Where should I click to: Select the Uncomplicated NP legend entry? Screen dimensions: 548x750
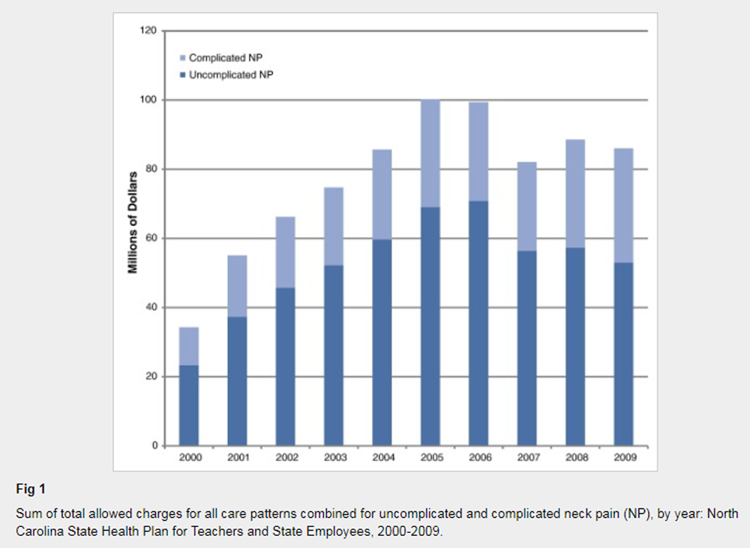(x=231, y=75)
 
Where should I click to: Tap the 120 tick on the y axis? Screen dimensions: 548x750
(x=150, y=31)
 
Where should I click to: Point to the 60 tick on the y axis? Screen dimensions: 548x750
(x=152, y=239)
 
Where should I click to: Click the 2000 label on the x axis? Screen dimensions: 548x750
(x=188, y=457)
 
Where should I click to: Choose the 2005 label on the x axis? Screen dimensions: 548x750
(x=430, y=457)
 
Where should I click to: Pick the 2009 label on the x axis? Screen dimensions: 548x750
(x=623, y=457)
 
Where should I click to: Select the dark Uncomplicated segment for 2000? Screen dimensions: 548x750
(x=188, y=405)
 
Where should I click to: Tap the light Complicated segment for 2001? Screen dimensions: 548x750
(x=237, y=286)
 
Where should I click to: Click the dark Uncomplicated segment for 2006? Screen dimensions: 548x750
(x=478, y=323)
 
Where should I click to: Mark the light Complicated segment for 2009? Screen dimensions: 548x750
(x=623, y=205)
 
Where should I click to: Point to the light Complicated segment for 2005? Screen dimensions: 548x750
(x=430, y=154)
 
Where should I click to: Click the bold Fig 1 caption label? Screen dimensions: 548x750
(x=31, y=489)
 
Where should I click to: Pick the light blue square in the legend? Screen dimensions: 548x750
(x=182, y=58)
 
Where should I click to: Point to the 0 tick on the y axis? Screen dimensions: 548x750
(x=154, y=446)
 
